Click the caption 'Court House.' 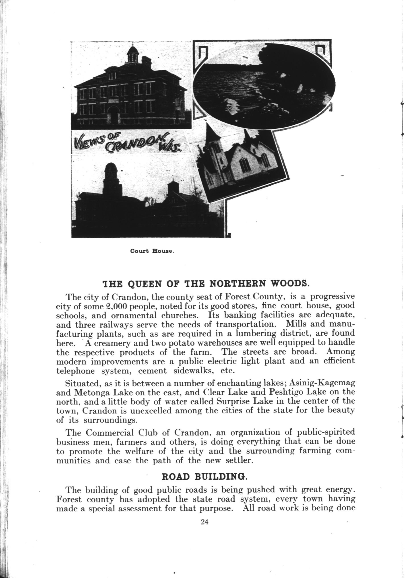pyautogui.click(x=152, y=251)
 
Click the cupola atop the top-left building pyautogui.click(x=133, y=54)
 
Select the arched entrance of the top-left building pyautogui.click(x=114, y=115)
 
